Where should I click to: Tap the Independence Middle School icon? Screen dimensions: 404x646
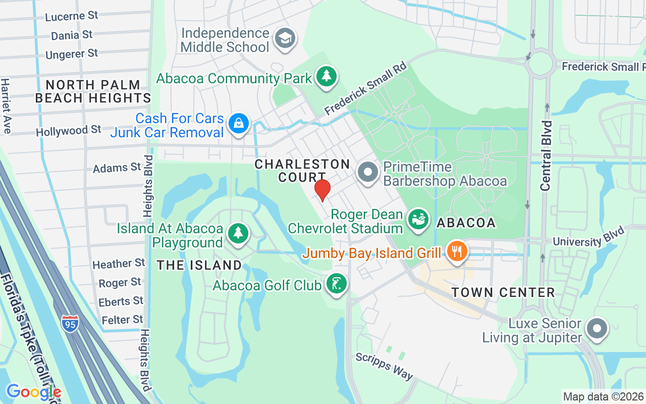[x=285, y=39]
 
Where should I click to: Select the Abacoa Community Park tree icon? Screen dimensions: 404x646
[x=327, y=76]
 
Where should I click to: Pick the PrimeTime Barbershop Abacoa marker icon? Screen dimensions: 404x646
[x=368, y=173]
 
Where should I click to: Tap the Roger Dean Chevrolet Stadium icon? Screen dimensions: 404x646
[x=418, y=220]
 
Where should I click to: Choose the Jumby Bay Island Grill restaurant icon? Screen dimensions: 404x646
[x=457, y=251]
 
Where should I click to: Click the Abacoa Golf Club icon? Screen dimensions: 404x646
[x=337, y=283]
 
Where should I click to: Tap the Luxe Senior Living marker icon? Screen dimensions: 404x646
[x=598, y=328]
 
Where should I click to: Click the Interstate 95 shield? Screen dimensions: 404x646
[x=70, y=323]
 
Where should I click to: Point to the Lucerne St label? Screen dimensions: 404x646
[x=72, y=16]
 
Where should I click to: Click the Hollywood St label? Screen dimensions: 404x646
[x=69, y=131]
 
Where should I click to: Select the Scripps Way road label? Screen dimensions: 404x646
[x=385, y=366]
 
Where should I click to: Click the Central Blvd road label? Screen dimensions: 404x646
[x=546, y=156]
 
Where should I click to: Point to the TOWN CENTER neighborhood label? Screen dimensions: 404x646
[x=503, y=292]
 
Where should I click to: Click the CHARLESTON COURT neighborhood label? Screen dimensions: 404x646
[x=302, y=170]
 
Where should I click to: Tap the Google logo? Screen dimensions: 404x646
[x=34, y=391]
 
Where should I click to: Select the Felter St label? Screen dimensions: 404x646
[x=123, y=320]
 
